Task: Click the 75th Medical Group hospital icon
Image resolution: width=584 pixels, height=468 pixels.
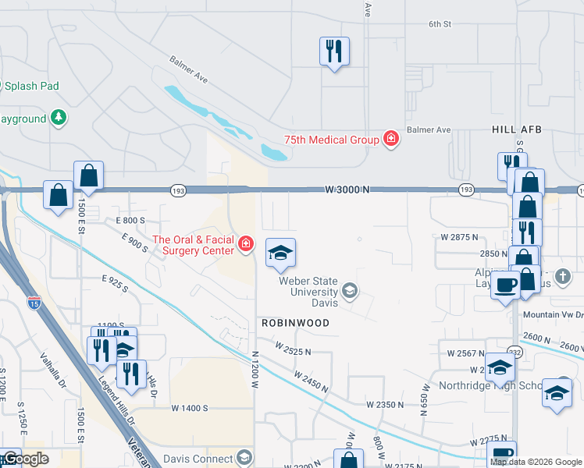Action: (391, 140)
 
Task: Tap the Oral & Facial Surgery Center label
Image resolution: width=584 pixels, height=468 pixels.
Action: (193, 245)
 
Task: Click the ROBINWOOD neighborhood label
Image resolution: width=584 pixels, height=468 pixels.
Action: (295, 322)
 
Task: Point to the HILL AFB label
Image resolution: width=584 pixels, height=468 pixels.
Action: (516, 129)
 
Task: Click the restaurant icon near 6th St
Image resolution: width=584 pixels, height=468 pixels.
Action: (334, 51)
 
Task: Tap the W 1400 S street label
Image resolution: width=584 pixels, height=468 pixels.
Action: (190, 408)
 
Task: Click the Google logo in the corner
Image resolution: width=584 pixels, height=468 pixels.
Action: (25, 459)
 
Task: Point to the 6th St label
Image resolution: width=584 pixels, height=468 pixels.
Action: (440, 24)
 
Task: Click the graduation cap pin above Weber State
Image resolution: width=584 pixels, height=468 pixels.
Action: (280, 252)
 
